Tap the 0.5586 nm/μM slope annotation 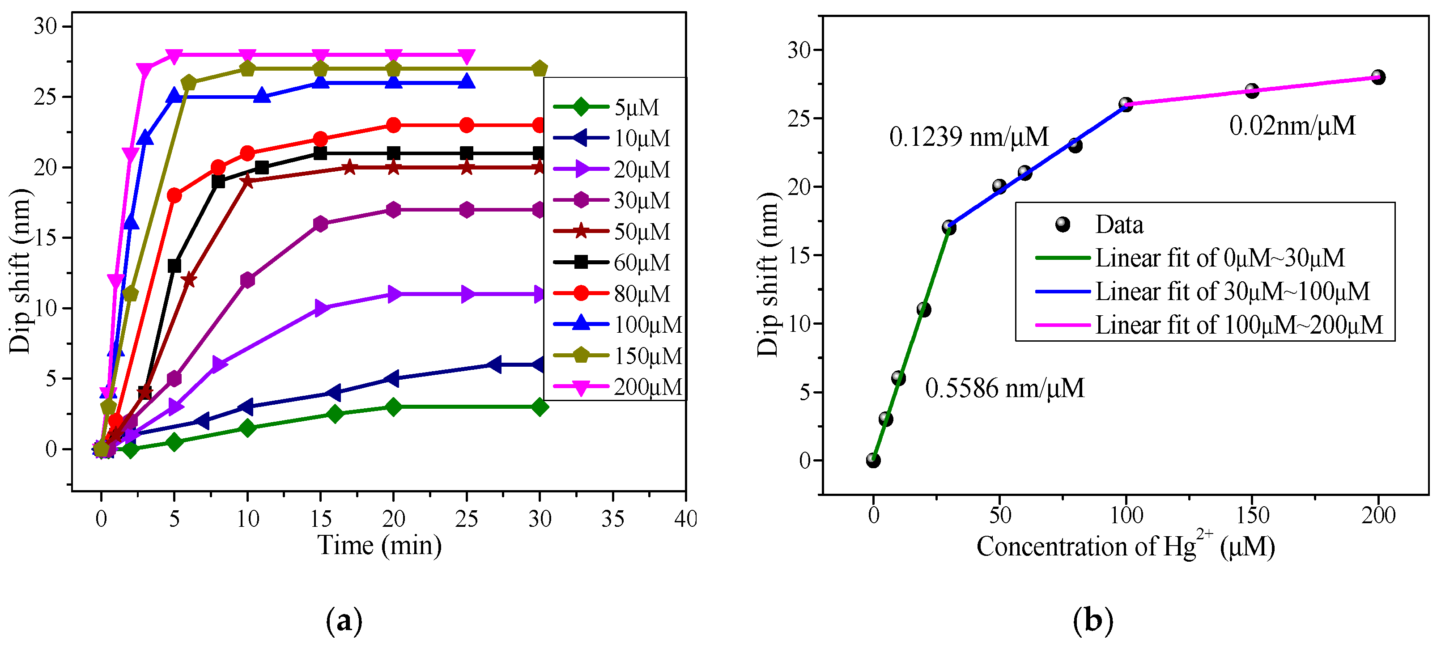[x=1004, y=388]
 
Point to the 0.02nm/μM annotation [x=1292, y=125]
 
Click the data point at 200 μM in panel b [x=1378, y=77]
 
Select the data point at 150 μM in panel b [x=1252, y=91]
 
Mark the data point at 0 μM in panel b [x=873, y=460]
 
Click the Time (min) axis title [x=379, y=545]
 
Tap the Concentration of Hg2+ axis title [x=1126, y=546]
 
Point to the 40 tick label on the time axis [x=685, y=519]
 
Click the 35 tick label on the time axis [x=612, y=519]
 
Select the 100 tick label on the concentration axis [x=1126, y=515]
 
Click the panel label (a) [x=344, y=621]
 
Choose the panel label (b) [x=1092, y=621]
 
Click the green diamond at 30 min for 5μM [x=539, y=407]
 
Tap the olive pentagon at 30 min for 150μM [x=539, y=69]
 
